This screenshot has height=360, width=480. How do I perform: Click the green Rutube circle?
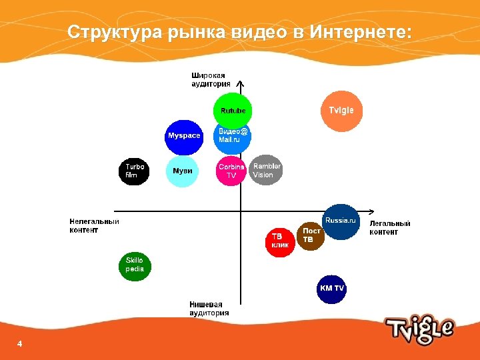(x=233, y=111)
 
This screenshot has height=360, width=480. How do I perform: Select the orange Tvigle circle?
(x=341, y=110)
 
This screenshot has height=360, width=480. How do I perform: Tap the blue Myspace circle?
(x=183, y=136)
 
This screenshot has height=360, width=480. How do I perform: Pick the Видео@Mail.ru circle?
(x=233, y=137)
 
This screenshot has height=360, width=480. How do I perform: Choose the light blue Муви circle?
(x=183, y=171)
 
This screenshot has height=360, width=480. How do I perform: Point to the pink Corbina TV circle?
(x=231, y=171)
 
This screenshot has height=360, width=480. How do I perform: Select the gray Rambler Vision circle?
(x=267, y=170)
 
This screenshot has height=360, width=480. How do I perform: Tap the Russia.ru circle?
(x=341, y=221)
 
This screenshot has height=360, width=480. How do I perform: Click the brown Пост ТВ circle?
(x=310, y=236)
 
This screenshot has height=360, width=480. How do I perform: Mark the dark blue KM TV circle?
(x=331, y=289)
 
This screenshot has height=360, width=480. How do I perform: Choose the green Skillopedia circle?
(x=135, y=266)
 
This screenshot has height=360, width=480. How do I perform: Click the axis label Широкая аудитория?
(x=211, y=80)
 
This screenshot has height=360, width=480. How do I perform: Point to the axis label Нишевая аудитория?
(x=209, y=309)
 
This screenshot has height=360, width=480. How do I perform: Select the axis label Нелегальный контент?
(x=94, y=226)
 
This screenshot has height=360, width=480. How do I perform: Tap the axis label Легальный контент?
(x=390, y=228)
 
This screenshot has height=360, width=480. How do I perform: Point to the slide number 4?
(x=19, y=343)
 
